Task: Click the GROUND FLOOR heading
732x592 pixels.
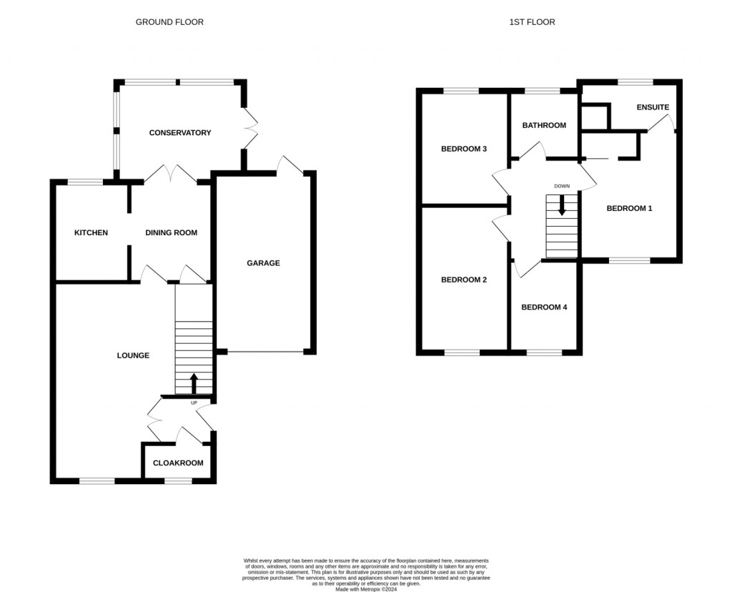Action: pos(169,22)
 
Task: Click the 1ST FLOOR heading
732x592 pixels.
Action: pos(532,22)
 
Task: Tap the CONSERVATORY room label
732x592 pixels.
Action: pos(179,133)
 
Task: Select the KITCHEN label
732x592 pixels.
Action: pos(91,233)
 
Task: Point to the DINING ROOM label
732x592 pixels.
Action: pos(171,233)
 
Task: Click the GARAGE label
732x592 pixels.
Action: pos(263,263)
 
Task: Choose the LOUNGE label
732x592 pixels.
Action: pos(133,355)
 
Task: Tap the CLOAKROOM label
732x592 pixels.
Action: pos(178,463)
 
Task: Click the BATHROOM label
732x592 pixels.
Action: pos(543,126)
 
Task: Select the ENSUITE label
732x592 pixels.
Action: pos(653,108)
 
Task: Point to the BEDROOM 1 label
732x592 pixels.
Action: pos(629,209)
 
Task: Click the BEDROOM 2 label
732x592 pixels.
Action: pos(463,280)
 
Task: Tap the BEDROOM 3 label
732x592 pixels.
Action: pos(463,149)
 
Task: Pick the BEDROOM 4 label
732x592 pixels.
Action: pos(543,307)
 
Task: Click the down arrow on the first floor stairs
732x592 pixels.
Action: pos(562,204)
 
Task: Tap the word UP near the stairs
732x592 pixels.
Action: pos(194,403)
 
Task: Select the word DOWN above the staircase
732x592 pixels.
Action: pos(562,187)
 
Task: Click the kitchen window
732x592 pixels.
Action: pos(85,182)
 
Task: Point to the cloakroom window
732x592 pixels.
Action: pos(178,481)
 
